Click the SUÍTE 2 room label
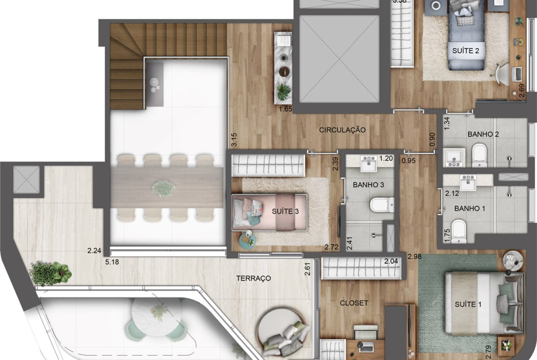click(465, 50)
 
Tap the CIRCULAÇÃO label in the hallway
click(342, 130)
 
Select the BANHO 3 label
click(368, 185)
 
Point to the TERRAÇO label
click(253, 278)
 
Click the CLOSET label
click(354, 303)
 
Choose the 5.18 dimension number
click(112, 262)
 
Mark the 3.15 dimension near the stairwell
click(234, 140)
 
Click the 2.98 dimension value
click(414, 256)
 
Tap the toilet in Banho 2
click(479, 155)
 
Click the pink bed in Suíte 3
click(269, 212)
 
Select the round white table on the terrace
click(157, 316)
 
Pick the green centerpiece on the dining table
click(163, 188)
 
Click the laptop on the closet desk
click(366, 347)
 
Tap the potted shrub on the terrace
click(50, 273)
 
